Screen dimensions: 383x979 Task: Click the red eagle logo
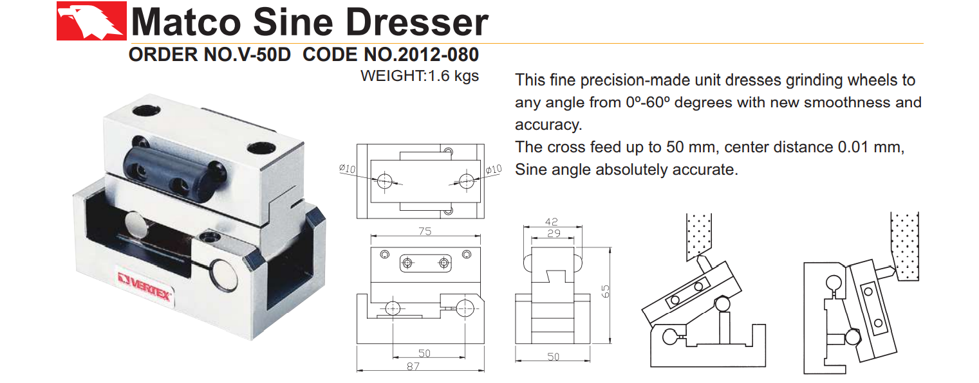click(91, 21)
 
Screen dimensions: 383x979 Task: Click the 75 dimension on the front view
click(425, 232)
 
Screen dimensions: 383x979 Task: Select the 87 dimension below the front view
click(413, 366)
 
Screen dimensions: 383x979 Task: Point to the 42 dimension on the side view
click(552, 220)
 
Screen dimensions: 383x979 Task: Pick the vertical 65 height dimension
click(605, 292)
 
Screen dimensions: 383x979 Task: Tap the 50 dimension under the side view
click(553, 357)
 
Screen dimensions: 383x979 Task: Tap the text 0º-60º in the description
click(630, 102)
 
